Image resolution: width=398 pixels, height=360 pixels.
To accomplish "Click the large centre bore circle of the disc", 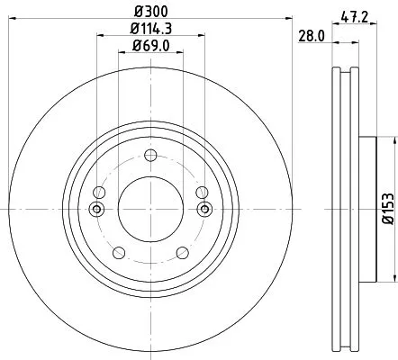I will click(149, 209).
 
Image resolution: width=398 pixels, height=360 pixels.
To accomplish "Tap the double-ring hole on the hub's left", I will click(97, 210).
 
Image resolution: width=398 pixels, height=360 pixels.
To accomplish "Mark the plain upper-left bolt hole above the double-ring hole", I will click(99, 192).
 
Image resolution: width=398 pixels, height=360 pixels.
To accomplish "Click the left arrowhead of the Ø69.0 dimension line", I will click(122, 52).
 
